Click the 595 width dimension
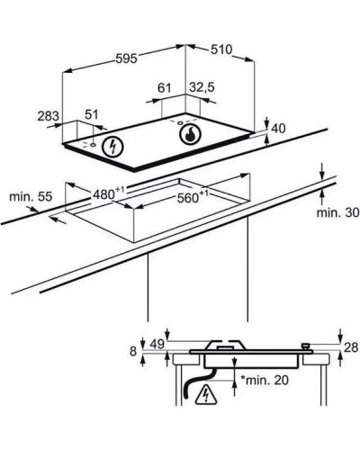(x=126, y=58)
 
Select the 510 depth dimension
(x=221, y=49)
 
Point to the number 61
(x=165, y=88)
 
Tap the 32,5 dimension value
(x=202, y=87)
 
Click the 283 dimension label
(x=49, y=116)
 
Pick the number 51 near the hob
(x=92, y=114)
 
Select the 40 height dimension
(x=278, y=129)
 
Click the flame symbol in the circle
(x=190, y=135)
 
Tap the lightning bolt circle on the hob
(x=112, y=148)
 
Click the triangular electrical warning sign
(x=206, y=393)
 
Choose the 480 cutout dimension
(x=108, y=193)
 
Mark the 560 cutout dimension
(x=193, y=197)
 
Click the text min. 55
(x=31, y=197)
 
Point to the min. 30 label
(x=338, y=212)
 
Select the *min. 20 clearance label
(x=265, y=380)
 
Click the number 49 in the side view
(x=157, y=345)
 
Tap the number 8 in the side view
(x=133, y=352)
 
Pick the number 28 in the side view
(x=351, y=347)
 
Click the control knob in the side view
(x=306, y=346)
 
